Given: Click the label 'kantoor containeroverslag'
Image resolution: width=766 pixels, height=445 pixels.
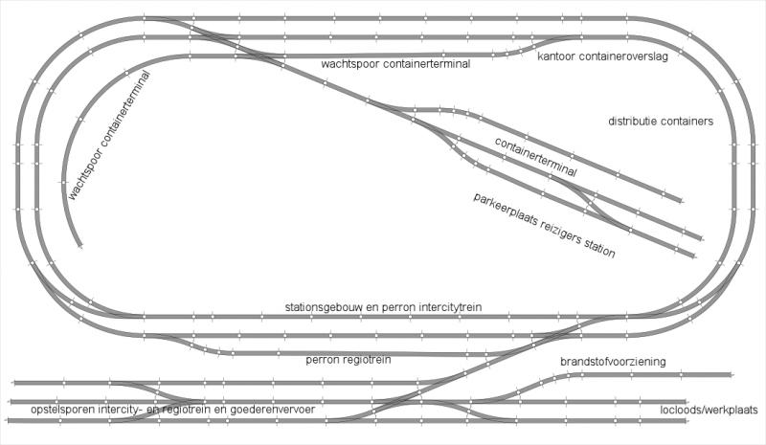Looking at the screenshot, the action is click(602, 56).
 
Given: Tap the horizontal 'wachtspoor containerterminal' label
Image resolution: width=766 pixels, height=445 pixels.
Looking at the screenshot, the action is click(395, 63).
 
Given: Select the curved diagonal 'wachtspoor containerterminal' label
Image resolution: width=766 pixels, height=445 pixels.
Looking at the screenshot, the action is click(108, 136).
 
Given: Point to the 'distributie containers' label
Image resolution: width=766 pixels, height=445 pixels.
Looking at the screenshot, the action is click(661, 121).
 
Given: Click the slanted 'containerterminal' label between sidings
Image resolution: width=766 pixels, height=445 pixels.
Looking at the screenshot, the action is click(536, 156).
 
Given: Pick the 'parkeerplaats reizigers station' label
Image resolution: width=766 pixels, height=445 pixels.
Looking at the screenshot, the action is click(544, 225).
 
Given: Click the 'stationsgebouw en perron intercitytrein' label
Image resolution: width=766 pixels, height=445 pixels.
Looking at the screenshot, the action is click(384, 307).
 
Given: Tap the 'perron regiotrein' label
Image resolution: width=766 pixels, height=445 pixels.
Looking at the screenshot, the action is click(349, 360).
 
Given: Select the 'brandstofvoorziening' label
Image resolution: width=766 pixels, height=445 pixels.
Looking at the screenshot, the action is click(613, 362).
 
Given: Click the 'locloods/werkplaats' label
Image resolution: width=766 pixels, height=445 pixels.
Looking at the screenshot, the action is click(709, 410).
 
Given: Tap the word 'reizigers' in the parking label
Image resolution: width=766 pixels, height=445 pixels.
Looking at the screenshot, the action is click(561, 233).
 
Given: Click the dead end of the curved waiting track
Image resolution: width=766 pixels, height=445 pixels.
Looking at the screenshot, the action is click(79, 247).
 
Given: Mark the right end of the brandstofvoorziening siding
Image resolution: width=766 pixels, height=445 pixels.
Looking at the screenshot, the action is click(731, 374).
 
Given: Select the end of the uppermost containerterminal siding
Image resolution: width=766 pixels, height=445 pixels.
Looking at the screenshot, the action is click(682, 200).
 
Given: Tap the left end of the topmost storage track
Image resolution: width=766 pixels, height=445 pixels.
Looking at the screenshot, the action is click(14, 383).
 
